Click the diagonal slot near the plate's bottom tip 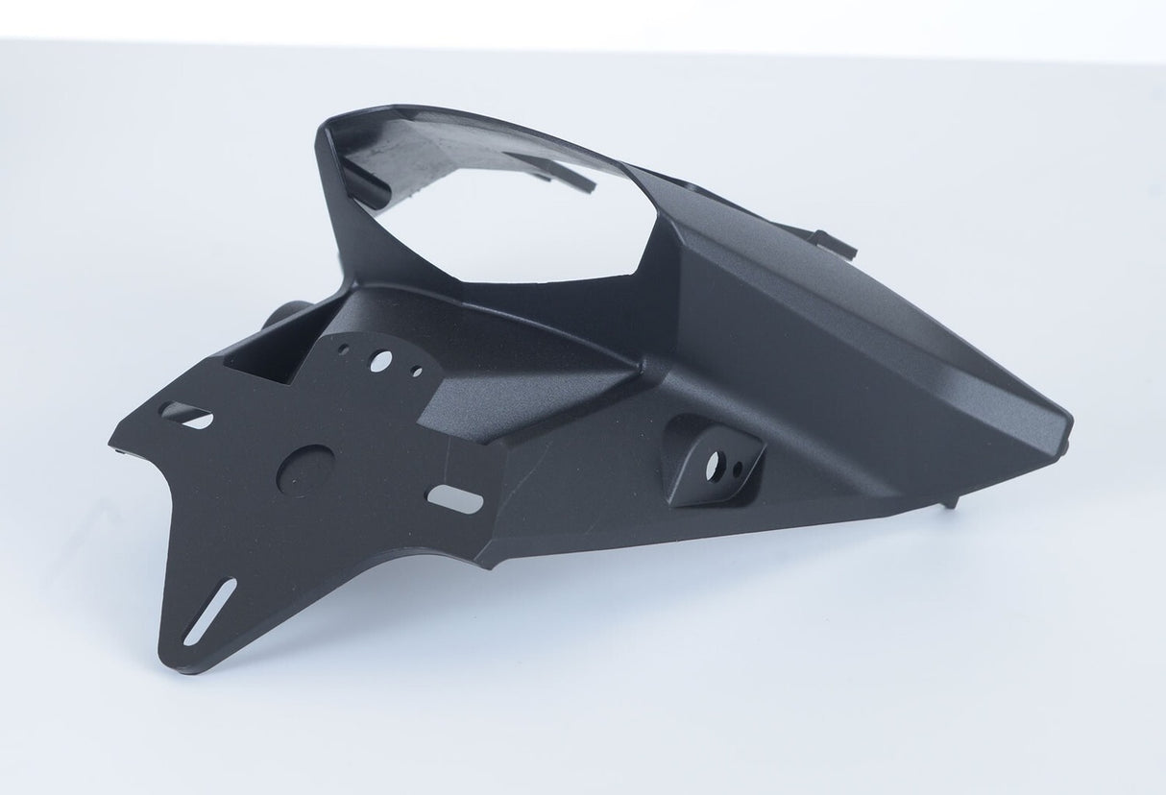(x=209, y=612)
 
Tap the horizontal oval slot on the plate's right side (x=454, y=498)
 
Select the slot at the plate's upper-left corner (x=187, y=415)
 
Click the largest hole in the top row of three (x=381, y=361)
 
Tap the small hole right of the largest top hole (x=416, y=370)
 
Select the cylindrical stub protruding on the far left (x=289, y=314)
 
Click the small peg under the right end (x=950, y=500)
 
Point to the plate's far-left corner (x=112, y=444)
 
